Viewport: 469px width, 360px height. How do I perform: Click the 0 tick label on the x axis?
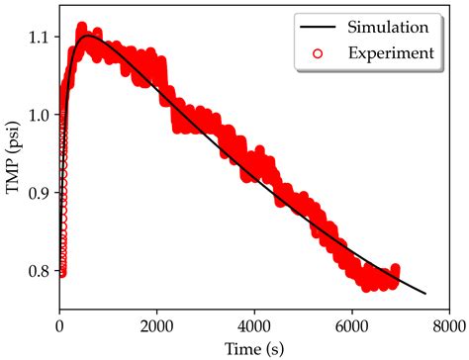click(60, 322)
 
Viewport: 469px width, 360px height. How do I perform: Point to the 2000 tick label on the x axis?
click(157, 322)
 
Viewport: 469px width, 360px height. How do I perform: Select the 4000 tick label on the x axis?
click(254, 322)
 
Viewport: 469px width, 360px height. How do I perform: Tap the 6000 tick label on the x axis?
click(351, 322)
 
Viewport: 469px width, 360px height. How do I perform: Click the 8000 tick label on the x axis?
click(447, 322)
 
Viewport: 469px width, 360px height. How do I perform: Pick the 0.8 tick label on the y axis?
click(39, 269)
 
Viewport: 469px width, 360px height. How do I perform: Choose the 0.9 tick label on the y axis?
click(39, 192)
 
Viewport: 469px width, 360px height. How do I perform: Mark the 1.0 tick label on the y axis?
click(39, 115)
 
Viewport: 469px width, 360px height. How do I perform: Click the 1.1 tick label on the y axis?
click(39, 38)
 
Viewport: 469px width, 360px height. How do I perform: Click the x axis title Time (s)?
click(254, 345)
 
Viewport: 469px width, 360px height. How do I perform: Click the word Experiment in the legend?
click(387, 52)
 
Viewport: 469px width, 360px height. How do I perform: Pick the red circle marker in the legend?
click(319, 52)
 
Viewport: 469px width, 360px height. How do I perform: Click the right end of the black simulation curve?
click(424, 294)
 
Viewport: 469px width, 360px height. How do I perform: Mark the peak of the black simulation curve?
click(89, 36)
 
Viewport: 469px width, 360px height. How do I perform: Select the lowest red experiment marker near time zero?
click(61, 272)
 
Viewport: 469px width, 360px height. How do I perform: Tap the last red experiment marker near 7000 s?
click(395, 269)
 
